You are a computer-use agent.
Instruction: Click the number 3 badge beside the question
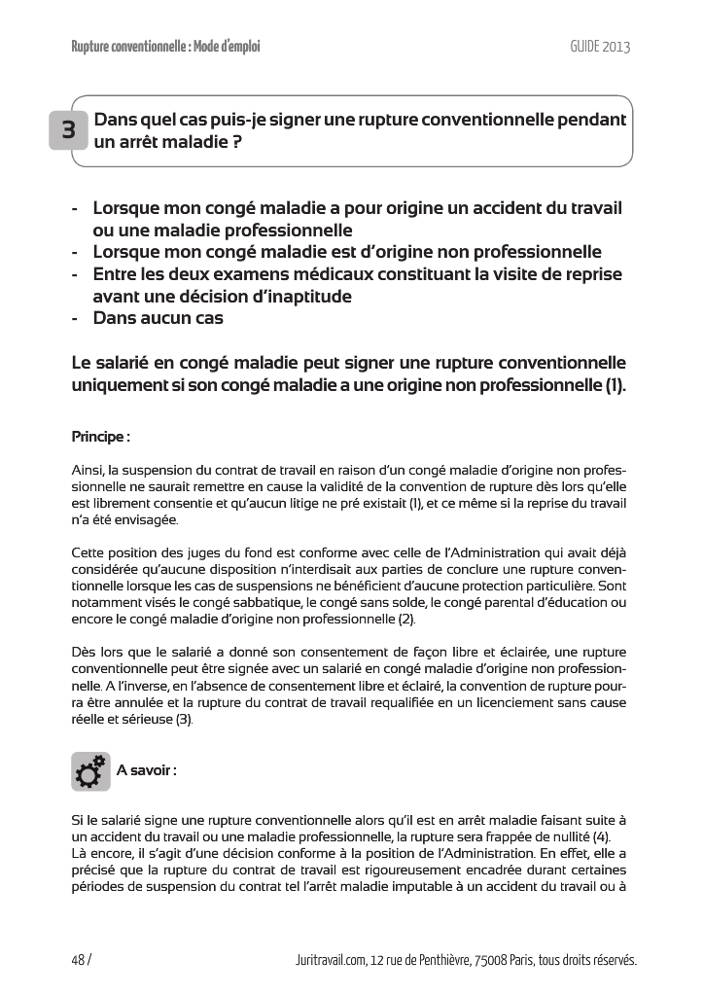click(x=69, y=131)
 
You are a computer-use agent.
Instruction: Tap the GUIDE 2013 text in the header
click(x=600, y=47)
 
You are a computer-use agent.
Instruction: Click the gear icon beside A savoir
click(x=89, y=771)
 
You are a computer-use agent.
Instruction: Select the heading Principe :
click(x=101, y=436)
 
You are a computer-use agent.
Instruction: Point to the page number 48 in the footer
click(x=79, y=960)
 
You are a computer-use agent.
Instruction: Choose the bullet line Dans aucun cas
click(x=158, y=317)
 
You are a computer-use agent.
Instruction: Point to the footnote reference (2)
click(x=405, y=619)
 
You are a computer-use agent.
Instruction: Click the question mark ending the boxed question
click(x=236, y=141)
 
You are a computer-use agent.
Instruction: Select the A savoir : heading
click(x=146, y=769)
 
